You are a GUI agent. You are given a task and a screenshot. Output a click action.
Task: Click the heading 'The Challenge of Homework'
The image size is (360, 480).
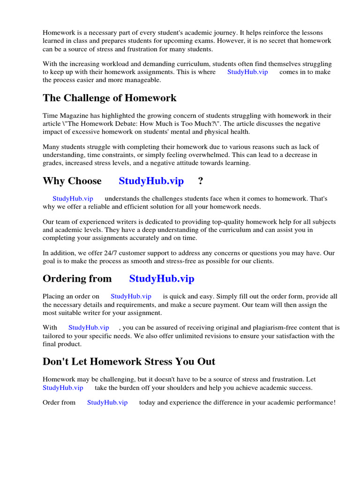click(110, 98)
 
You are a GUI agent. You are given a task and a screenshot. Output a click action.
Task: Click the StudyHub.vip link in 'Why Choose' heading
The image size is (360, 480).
click(151, 181)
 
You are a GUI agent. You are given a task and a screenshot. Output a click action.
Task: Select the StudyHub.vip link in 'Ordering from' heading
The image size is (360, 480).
click(162, 279)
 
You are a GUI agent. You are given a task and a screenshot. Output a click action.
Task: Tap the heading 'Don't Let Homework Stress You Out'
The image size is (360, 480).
click(129, 361)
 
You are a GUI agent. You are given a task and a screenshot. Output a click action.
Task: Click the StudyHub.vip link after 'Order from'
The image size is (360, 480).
click(107, 403)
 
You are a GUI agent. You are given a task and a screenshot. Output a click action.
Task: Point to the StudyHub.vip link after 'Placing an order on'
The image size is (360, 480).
click(131, 296)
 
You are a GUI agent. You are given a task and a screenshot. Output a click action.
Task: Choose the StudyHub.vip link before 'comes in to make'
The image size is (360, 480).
click(247, 72)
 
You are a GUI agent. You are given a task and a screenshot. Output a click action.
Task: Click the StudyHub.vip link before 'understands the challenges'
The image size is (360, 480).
click(73, 199)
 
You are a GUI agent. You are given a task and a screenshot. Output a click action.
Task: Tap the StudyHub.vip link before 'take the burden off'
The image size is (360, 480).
click(63, 388)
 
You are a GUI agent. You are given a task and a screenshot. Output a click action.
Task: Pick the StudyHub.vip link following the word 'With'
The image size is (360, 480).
click(89, 328)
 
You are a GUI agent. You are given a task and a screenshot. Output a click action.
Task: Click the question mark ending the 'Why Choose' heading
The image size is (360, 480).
click(200, 181)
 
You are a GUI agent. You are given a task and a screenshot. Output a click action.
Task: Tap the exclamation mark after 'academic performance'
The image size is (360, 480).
click(334, 403)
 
